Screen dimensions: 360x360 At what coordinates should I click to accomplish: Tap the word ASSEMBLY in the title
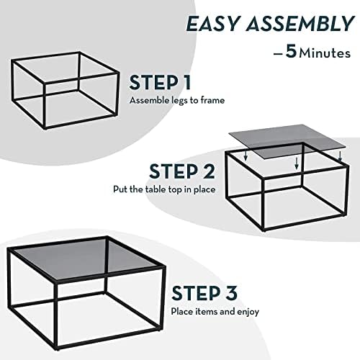tap(297, 24)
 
